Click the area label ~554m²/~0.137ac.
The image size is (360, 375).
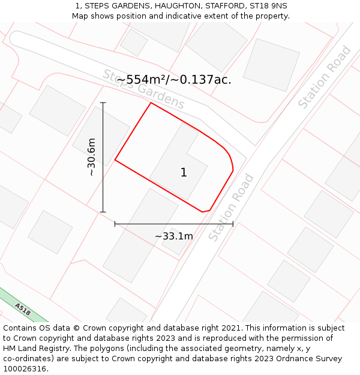pyautogui.click(x=173, y=79)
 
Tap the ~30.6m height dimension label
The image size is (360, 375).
pyautogui.click(x=91, y=157)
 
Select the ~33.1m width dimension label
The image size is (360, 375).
pyautogui.click(x=174, y=236)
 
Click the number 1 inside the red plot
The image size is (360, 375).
pyautogui.click(x=184, y=173)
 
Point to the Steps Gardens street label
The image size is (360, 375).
pyautogui.click(x=143, y=89)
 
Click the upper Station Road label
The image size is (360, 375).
pyautogui.click(x=325, y=85)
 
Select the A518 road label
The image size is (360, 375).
pyautogui.click(x=23, y=309)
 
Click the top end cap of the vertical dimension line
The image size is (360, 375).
pyautogui.click(x=103, y=103)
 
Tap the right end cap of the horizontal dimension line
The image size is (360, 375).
pyautogui.click(x=233, y=224)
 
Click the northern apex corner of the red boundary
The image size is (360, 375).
pyautogui.click(x=151, y=103)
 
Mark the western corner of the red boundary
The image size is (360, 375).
pyautogui.click(x=115, y=160)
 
